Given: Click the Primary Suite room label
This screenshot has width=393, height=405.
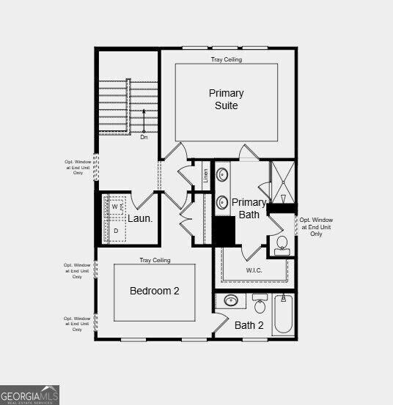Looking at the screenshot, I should [x=226, y=99].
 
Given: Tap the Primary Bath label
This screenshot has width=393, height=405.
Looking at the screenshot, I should [x=249, y=208].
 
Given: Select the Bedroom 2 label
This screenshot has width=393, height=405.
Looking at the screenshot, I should [x=155, y=291].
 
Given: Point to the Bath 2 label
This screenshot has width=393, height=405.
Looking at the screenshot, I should [x=249, y=324].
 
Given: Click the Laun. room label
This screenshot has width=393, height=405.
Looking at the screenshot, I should [x=140, y=218].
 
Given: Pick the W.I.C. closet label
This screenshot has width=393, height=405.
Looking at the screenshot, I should [x=254, y=270].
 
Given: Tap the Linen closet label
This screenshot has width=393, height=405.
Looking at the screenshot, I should [x=205, y=176].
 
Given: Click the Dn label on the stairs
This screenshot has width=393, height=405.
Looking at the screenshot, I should [x=144, y=137].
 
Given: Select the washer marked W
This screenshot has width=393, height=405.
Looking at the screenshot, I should [x=115, y=207].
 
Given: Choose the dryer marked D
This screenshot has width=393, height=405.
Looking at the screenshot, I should [x=115, y=231].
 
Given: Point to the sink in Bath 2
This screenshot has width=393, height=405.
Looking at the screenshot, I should [x=231, y=300].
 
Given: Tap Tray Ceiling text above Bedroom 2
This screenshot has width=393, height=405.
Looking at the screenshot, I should [x=155, y=260].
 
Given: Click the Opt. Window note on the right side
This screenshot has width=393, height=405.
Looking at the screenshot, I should [x=316, y=226].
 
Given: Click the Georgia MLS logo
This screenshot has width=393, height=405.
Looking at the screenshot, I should [x=29, y=395].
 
